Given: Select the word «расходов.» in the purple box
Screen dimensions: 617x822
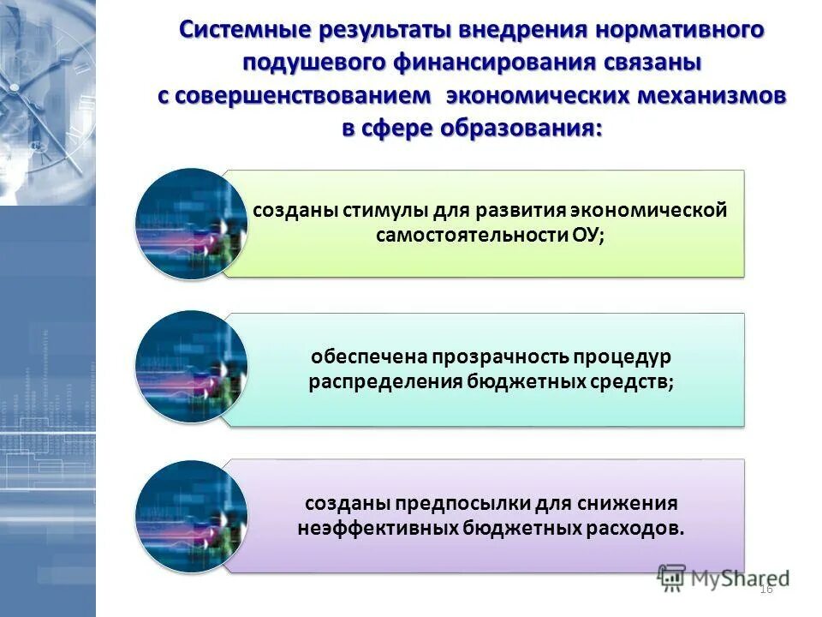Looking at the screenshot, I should pyautogui.click(x=636, y=529).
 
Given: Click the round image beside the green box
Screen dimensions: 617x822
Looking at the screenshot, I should pyautogui.click(x=191, y=223).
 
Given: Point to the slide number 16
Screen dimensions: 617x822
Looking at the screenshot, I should pyautogui.click(x=766, y=588).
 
